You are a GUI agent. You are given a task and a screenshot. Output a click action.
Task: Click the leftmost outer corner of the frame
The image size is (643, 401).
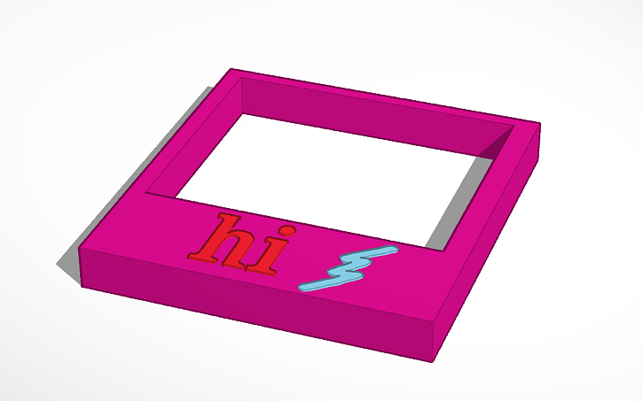[80, 251]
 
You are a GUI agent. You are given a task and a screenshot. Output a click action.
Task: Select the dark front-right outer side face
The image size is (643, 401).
[488, 248]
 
